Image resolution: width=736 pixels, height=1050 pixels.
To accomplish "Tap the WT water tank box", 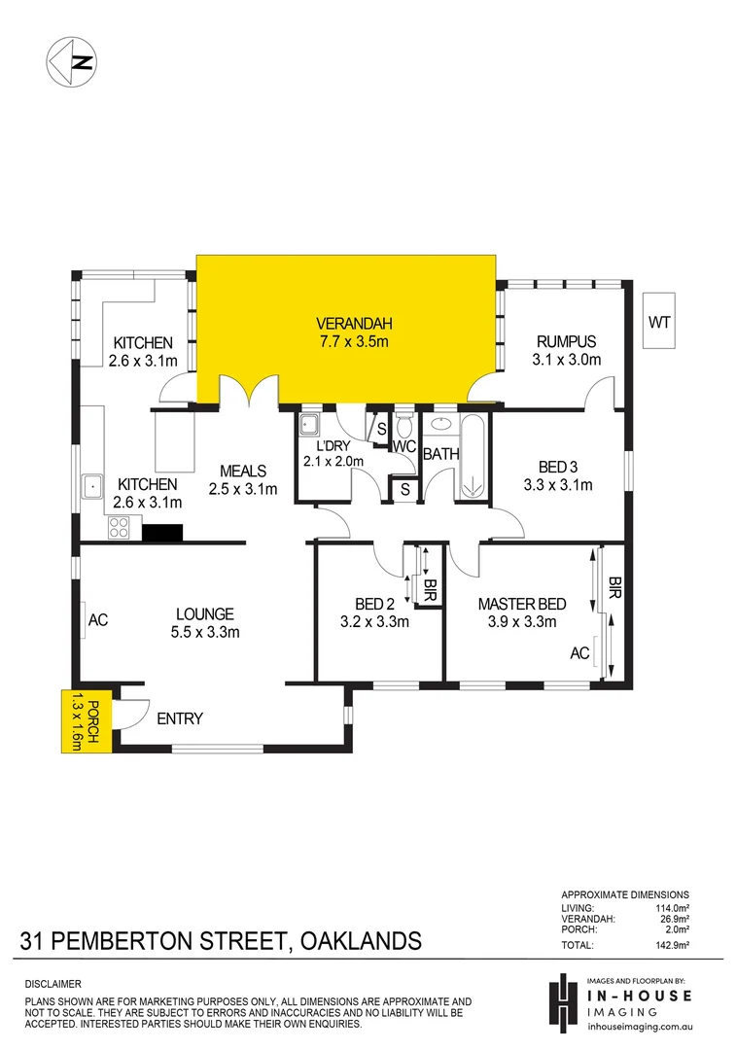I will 660,322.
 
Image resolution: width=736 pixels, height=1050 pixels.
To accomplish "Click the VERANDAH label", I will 346,323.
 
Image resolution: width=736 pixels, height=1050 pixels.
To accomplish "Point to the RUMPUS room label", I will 565,341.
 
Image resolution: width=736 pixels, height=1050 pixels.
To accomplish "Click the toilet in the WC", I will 404,427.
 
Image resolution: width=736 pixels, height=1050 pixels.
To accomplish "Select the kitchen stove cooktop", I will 119,527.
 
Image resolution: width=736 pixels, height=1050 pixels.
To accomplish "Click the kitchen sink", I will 94,483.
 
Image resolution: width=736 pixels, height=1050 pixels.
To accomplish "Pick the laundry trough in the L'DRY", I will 309,424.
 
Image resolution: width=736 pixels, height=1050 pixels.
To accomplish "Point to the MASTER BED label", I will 521,605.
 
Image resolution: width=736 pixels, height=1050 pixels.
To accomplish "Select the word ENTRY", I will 180,718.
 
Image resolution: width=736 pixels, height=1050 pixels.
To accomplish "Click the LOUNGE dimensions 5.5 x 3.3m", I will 204,632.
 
